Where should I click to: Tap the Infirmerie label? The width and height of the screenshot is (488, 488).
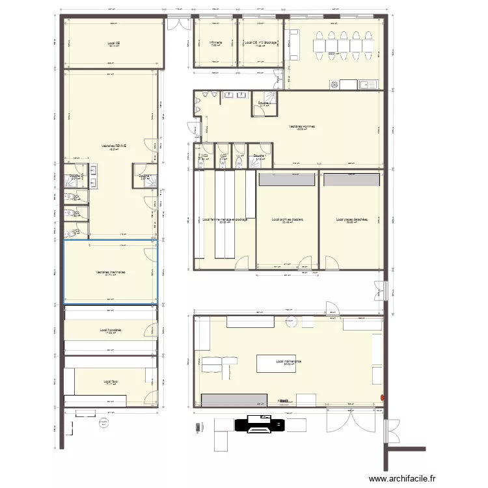coord(215,43)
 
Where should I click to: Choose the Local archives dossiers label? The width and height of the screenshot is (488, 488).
coord(288,220)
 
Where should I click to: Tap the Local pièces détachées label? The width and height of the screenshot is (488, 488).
coord(352,220)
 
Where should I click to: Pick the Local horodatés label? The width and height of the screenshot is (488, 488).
coord(111,331)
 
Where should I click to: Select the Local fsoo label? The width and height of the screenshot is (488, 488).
coord(110,381)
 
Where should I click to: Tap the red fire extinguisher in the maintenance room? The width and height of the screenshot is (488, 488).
coord(383,395)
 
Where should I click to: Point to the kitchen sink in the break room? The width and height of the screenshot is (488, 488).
coord(367,84)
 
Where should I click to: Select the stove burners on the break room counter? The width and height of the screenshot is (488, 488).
coord(335,84)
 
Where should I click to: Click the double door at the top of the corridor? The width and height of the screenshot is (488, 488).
coord(176,24)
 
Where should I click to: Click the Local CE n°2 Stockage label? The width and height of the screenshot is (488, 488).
coord(261,43)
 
